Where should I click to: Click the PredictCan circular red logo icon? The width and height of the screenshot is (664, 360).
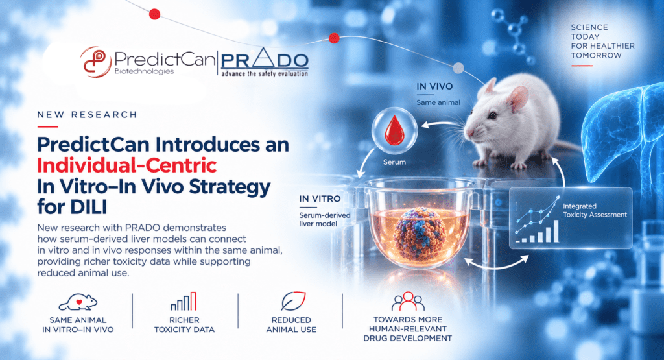(96, 62)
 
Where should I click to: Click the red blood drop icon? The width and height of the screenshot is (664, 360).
(394, 130)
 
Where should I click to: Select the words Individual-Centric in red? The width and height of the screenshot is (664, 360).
(127, 165)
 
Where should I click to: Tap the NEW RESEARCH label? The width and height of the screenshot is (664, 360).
(88, 115)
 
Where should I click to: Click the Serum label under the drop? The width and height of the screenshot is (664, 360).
(394, 162)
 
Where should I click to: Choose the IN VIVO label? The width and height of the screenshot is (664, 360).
(434, 86)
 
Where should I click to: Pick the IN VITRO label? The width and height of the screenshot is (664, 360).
(320, 198)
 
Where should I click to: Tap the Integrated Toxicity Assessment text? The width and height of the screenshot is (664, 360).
(595, 211)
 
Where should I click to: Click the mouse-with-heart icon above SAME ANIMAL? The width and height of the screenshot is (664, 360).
(78, 302)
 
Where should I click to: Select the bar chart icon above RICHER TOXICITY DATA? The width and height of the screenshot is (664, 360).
(184, 301)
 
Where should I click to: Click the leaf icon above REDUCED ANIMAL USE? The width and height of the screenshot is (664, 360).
(293, 301)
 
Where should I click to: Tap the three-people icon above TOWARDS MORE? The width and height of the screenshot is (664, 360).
(408, 301)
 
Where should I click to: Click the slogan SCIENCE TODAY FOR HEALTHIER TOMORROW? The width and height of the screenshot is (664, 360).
(602, 42)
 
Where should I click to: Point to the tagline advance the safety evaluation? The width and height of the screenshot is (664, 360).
(265, 74)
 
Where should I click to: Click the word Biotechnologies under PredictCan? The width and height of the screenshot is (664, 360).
(144, 71)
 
